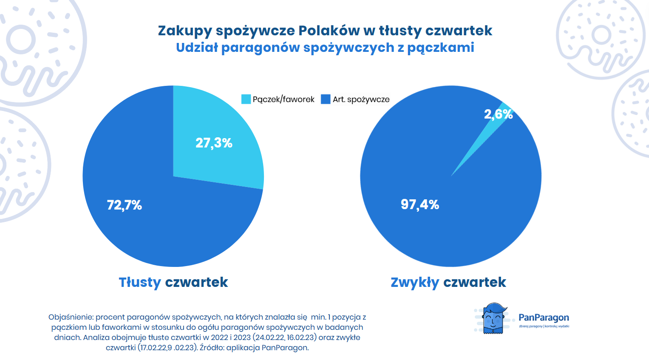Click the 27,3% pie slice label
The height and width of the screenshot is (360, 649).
coord(214,143)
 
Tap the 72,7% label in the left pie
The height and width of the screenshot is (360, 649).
coord(124,205)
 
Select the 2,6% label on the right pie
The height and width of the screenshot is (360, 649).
coord(498,114)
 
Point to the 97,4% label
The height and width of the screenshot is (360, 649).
coord(419,204)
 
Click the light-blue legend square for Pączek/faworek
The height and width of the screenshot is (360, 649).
coord(246,99)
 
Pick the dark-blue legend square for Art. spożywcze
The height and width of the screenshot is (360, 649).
coord(326,99)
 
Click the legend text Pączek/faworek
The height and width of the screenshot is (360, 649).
coord(283,99)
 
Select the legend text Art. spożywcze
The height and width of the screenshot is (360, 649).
coord(361,99)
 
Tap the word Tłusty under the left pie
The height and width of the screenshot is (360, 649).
coord(139,282)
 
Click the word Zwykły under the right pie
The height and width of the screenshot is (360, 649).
coord(414,282)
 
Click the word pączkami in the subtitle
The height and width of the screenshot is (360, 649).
coord(440,48)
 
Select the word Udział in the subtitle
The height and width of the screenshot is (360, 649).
coord(196,48)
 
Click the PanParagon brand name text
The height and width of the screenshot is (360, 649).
coord(544,317)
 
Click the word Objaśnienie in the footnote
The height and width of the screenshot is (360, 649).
coord(71,317)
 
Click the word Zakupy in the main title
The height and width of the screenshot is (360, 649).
coord(184,31)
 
